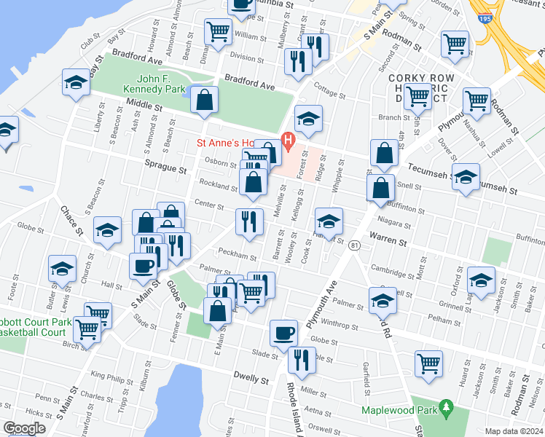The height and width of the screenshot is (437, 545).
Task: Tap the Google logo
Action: click(24, 428)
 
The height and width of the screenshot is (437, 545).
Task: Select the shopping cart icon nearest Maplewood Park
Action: click(429, 362)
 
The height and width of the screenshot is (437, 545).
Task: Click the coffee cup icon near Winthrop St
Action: click(283, 333)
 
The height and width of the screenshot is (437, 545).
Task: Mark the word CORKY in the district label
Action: click(406, 78)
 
